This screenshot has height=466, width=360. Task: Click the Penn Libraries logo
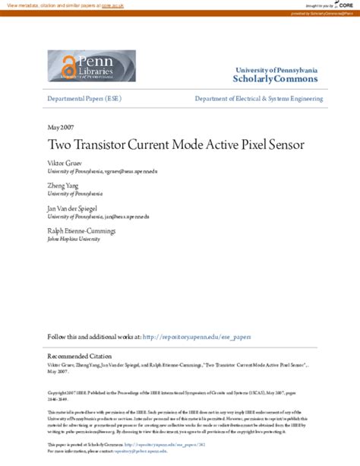pyautogui.click(x=91, y=65)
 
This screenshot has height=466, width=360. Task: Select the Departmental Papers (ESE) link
pyautogui.click(x=84, y=99)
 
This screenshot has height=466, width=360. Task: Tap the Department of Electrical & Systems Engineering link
pyautogui.click(x=258, y=99)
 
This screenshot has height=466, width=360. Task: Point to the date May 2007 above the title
pyautogui.click(x=60, y=126)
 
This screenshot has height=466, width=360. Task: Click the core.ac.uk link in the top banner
pyautogui.click(x=113, y=5)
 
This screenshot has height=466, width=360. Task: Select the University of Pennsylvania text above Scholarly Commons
pyautogui.click(x=276, y=70)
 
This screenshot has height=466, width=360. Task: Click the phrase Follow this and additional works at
pyautogui.click(x=93, y=336)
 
